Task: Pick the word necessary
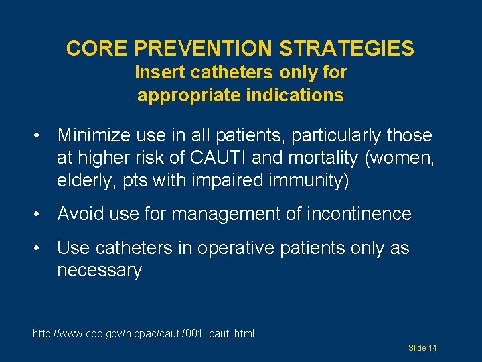(x=99, y=271)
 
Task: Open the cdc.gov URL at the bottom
(x=143, y=333)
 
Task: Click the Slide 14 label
(x=422, y=348)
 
